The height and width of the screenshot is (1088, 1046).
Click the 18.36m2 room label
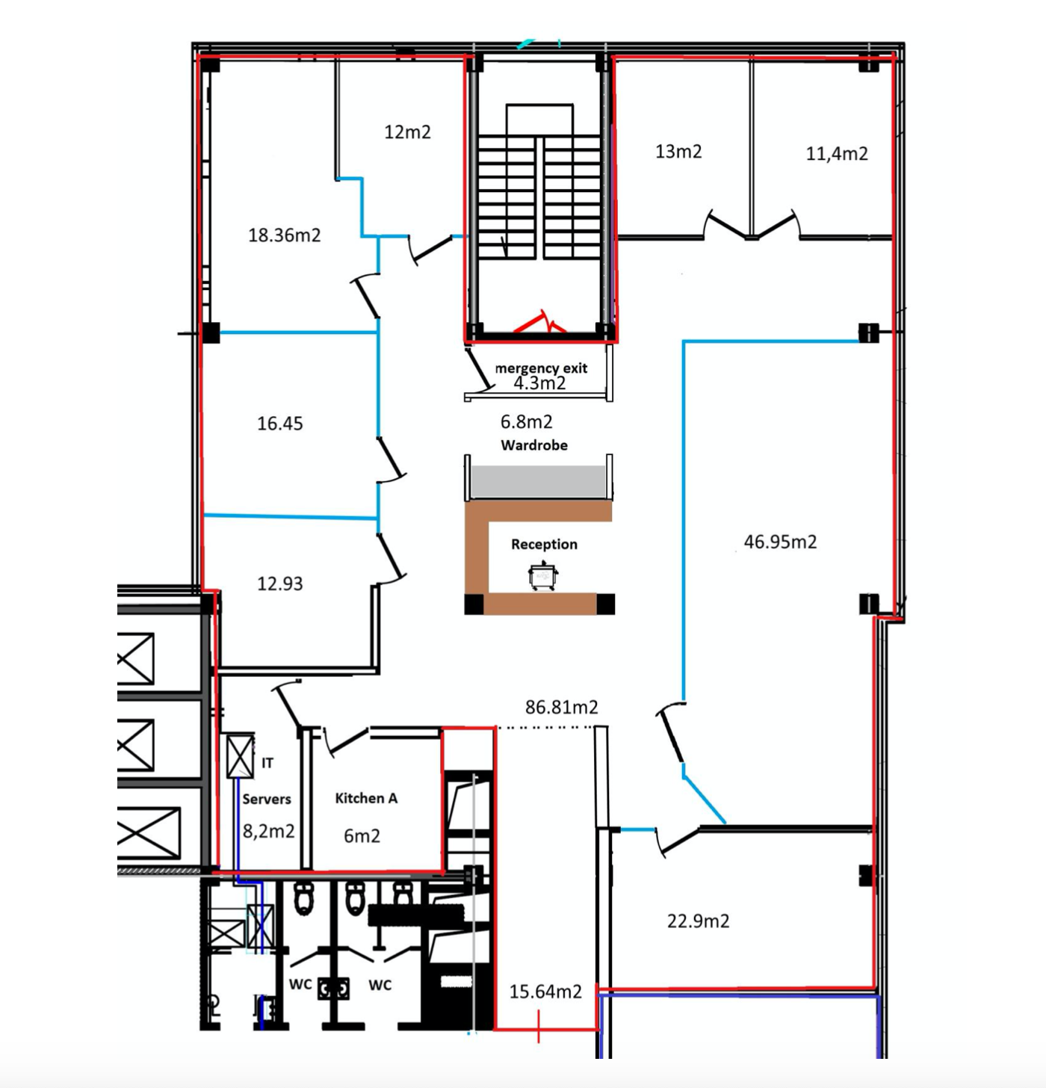[285, 235]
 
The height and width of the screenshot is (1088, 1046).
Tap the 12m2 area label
[407, 132]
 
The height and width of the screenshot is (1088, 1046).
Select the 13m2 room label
[678, 151]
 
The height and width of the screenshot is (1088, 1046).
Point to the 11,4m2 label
[837, 153]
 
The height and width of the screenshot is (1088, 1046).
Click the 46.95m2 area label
[781, 541]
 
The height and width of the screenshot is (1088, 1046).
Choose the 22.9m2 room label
[699, 921]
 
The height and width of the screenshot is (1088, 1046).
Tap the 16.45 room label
[280, 423]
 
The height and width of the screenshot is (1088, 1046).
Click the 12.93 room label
[280, 583]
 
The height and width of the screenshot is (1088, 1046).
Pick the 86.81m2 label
[562, 707]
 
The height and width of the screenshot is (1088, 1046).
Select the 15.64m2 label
[545, 992]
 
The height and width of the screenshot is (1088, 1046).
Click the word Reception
[545, 545]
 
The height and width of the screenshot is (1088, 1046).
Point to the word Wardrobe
[534, 445]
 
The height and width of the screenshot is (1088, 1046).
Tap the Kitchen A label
[366, 798]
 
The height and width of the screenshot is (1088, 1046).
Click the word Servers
[267, 799]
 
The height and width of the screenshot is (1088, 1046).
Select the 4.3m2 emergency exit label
[539, 383]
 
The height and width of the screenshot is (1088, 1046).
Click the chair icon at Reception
[543, 576]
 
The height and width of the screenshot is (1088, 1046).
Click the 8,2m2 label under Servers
[269, 832]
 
